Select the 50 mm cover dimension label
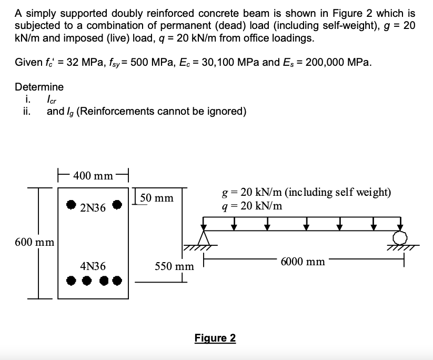157,198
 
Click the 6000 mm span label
304,261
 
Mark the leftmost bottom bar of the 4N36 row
71,281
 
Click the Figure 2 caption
215,338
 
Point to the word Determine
39,87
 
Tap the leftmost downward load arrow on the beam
235,225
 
